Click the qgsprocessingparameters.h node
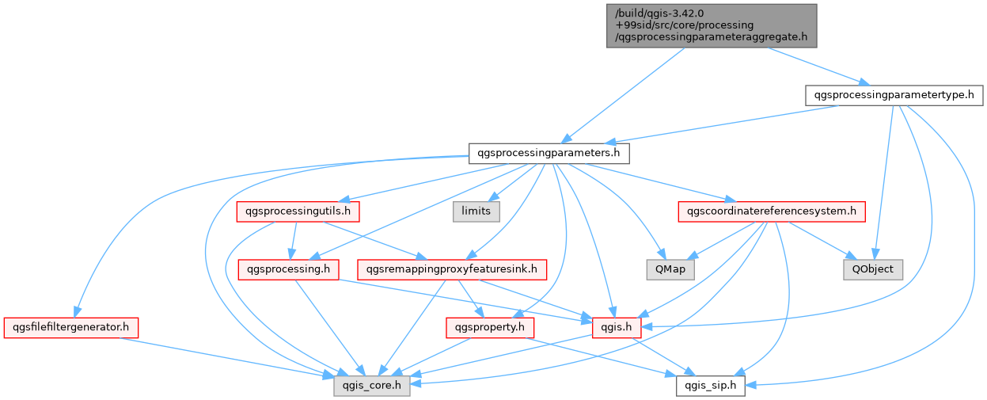(x=549, y=152)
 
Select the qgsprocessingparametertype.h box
(x=894, y=95)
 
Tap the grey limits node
(x=476, y=211)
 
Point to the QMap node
(x=670, y=269)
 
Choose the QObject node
(x=873, y=269)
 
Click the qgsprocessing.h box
(x=289, y=269)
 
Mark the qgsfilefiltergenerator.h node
(x=71, y=326)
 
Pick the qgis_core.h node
(x=371, y=386)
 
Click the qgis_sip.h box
(x=711, y=386)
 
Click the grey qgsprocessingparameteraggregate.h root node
(x=712, y=25)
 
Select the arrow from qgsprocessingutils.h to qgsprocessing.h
(x=294, y=240)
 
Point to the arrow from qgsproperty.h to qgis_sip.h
(x=602, y=356)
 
